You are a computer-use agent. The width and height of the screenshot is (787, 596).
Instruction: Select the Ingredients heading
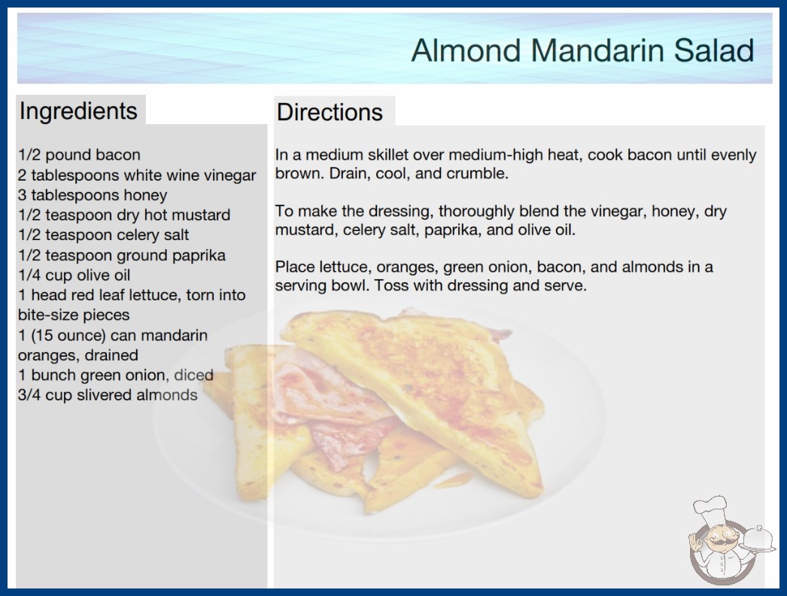tap(78, 111)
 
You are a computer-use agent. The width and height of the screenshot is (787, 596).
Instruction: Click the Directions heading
tap(330, 112)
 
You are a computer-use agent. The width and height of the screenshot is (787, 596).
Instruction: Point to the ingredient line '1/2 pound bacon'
tap(79, 155)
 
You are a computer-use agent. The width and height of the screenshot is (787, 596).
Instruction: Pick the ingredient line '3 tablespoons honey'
tap(93, 195)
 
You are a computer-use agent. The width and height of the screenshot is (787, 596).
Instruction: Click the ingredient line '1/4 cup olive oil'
tap(74, 275)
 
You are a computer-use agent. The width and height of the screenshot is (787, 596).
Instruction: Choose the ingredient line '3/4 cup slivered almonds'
tap(108, 394)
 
